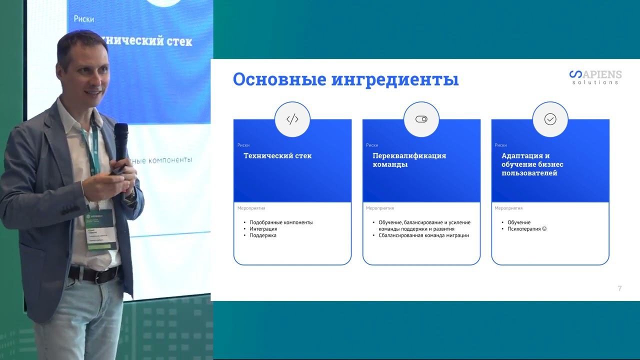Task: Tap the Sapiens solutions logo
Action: coord(595,77)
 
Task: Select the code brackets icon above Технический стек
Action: coord(292,119)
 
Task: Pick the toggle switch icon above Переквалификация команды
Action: coord(421,119)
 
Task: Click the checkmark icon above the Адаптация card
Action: coord(550,119)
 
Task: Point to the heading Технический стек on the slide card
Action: coord(277,155)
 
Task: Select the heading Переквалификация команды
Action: coord(409,160)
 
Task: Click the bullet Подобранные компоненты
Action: coord(281,222)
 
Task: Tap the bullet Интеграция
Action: coord(263,229)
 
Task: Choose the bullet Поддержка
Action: coord(263,235)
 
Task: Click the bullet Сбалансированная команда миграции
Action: coord(423,235)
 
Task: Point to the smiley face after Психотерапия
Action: coord(544,229)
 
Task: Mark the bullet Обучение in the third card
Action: coord(519,222)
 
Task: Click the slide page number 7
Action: coord(620,288)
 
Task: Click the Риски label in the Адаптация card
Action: coord(500,145)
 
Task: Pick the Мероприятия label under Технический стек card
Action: coord(251,208)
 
